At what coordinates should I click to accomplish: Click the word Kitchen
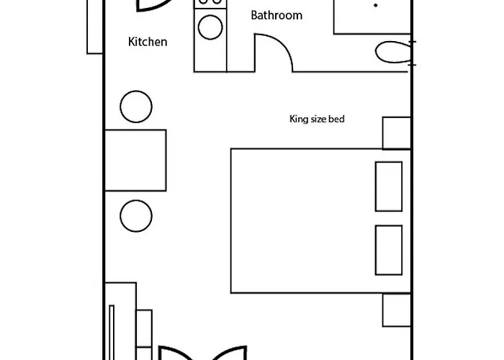click(148, 42)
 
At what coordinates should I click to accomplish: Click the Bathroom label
click(276, 15)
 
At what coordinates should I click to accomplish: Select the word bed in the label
click(337, 119)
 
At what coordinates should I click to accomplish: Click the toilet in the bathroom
click(393, 53)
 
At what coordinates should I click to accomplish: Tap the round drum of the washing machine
click(210, 28)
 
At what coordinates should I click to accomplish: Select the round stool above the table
click(136, 107)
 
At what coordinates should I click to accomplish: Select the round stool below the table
click(136, 215)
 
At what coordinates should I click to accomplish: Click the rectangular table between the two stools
click(136, 160)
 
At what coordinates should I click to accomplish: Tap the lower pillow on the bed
click(389, 250)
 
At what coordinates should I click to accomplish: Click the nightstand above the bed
click(396, 132)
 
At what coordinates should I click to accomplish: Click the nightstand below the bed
click(396, 310)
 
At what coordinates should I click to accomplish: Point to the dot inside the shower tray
click(375, 5)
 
